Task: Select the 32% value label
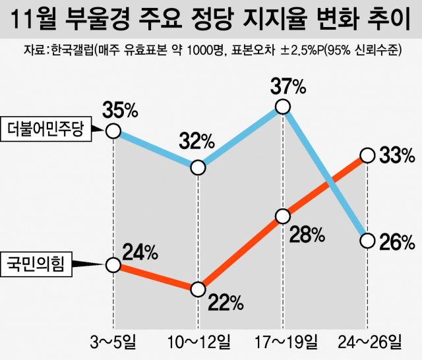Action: pyautogui.click(x=196, y=140)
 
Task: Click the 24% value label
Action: pyautogui.click(x=140, y=252)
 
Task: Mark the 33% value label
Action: pyautogui.click(x=396, y=156)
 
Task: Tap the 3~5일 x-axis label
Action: pyautogui.click(x=113, y=342)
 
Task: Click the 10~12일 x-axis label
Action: pyautogui.click(x=197, y=342)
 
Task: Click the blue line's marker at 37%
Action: pyautogui.click(x=283, y=106)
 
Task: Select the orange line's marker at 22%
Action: pyautogui.click(x=198, y=289)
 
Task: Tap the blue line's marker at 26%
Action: pyautogui.click(x=368, y=239)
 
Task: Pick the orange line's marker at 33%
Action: pyautogui.click(x=368, y=156)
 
